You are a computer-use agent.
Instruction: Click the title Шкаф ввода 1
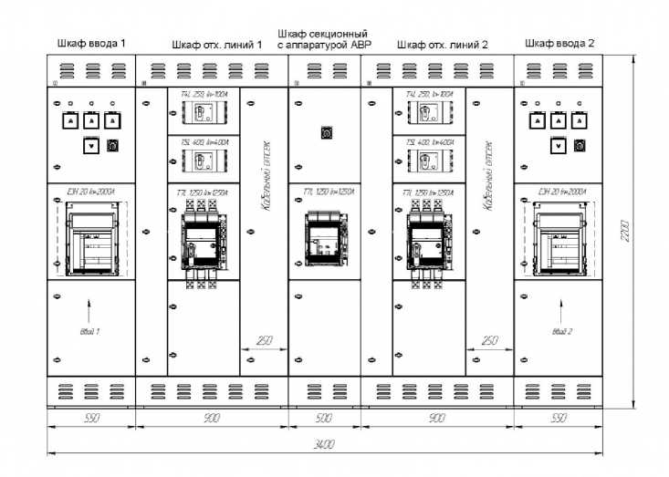(91, 43)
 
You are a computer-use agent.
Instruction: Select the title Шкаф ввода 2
(558, 43)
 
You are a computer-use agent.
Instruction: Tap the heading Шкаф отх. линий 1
(217, 43)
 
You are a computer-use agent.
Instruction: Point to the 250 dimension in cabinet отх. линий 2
(489, 340)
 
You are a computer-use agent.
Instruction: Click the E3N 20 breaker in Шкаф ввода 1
(90, 239)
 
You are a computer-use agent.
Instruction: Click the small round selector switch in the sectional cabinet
(325, 133)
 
